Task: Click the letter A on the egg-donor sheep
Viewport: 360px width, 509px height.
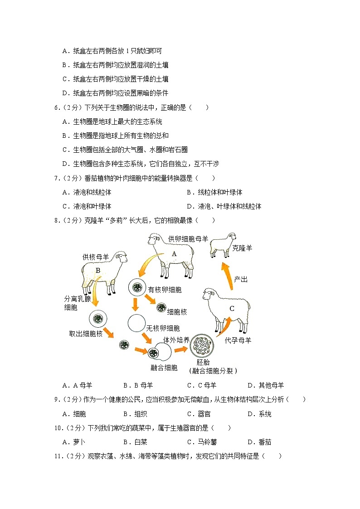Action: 174,254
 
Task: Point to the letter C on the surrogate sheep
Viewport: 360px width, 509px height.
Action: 232,309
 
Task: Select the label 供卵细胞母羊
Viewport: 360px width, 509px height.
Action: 188,238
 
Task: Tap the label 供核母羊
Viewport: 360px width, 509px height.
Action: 95,257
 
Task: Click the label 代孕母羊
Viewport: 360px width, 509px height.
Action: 238,340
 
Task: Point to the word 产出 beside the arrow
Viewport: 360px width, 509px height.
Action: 241,280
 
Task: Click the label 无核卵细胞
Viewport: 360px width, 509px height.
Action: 163,328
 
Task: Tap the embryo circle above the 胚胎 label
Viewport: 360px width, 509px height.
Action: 203,347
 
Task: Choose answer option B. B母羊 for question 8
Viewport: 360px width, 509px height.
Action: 138,386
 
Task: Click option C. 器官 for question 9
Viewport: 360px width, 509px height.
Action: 198,414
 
